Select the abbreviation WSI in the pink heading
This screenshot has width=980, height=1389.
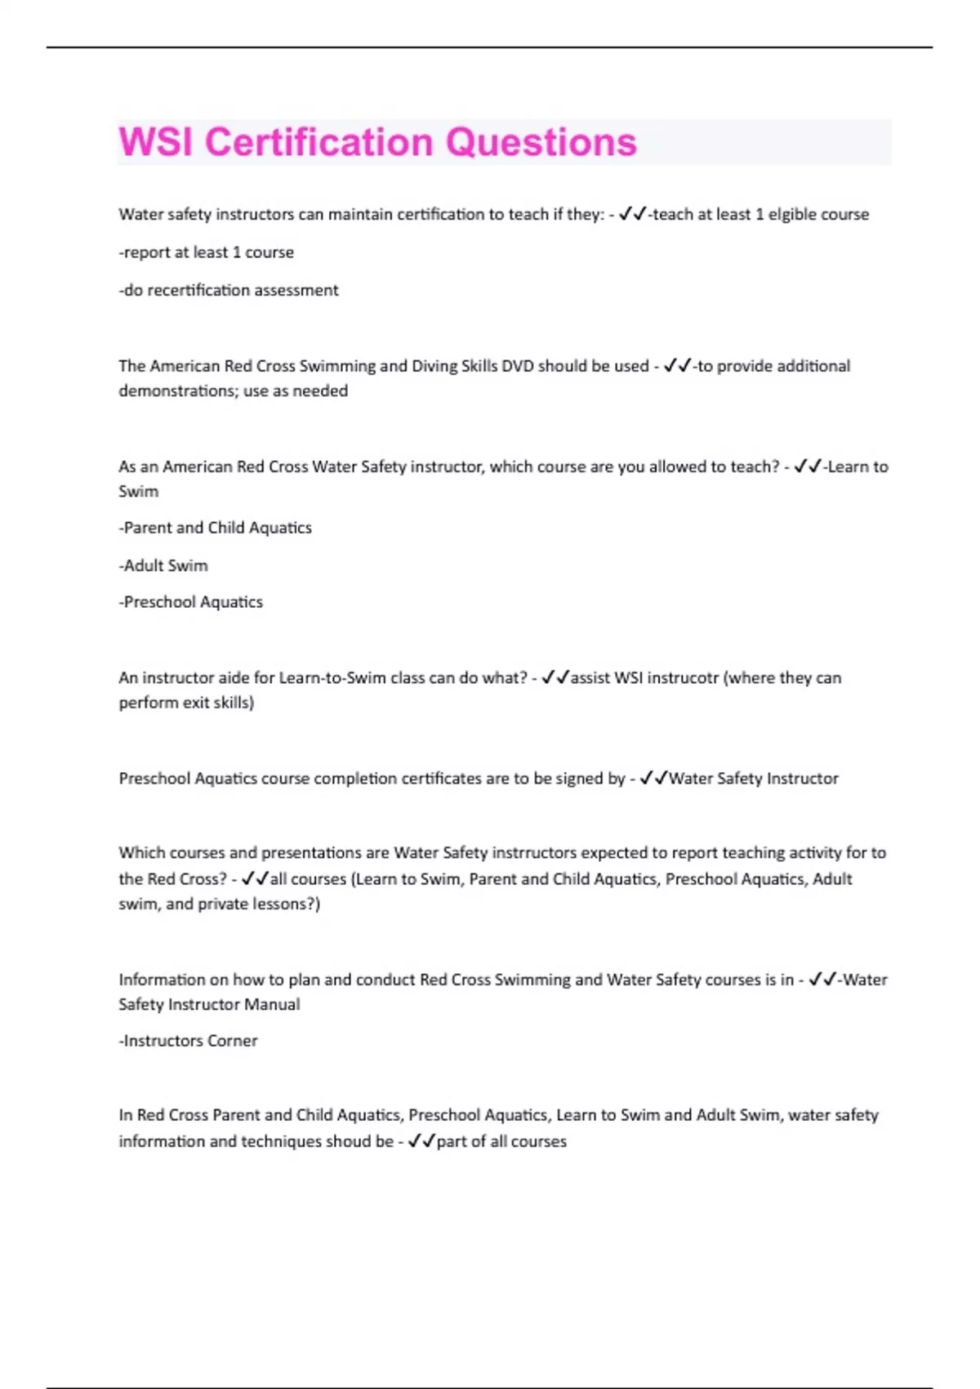pos(156,142)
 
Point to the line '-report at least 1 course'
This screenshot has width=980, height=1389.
pos(206,252)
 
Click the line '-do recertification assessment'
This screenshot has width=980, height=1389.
pos(229,290)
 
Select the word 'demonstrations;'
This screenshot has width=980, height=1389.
pos(179,391)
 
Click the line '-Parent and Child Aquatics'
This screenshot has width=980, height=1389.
pos(215,528)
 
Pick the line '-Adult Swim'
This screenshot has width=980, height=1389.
pos(163,565)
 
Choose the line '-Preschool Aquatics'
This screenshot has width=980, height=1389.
pos(190,602)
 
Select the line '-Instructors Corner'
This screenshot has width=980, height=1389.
pos(188,1041)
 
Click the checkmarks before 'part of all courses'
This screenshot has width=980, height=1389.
pos(421,1141)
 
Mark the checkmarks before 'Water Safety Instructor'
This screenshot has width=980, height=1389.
pos(653,779)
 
